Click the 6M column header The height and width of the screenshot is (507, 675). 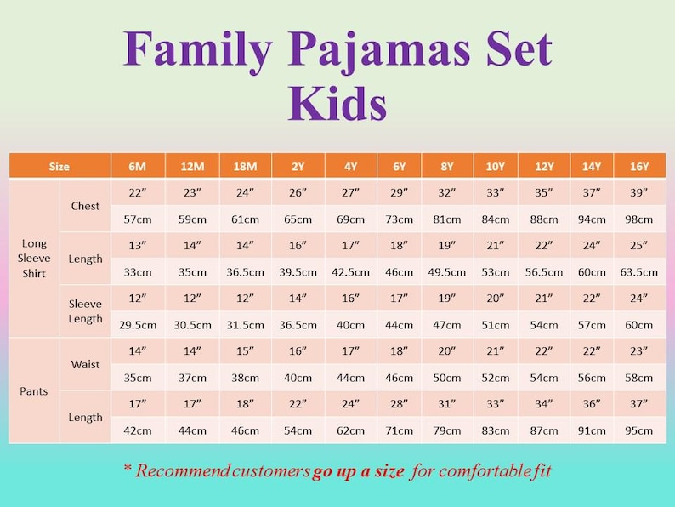[x=138, y=167]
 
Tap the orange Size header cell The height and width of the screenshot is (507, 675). [x=60, y=167]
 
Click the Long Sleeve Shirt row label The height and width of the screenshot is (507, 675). [x=34, y=259]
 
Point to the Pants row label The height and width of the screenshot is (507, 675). [x=34, y=391]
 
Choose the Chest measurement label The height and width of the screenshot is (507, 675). [x=85, y=206]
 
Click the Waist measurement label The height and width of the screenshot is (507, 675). [x=85, y=364]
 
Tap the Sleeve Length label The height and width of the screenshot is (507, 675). [x=85, y=311]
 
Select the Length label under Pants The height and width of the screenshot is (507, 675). [x=85, y=417]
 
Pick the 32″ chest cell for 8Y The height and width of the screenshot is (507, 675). [x=447, y=193]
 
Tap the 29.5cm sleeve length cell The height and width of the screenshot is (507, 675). [x=138, y=325]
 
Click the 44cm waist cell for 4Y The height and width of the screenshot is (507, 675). [x=350, y=378]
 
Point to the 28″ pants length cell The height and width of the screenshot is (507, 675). [x=400, y=404]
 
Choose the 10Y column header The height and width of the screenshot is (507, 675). [x=496, y=167]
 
